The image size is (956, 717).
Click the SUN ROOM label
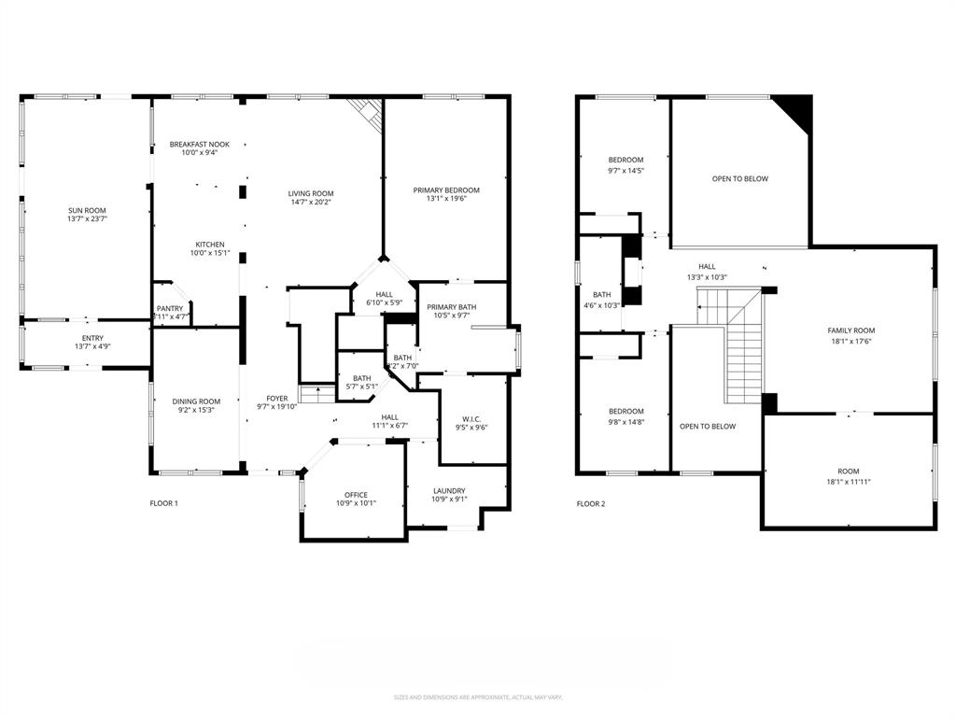tap(87, 210)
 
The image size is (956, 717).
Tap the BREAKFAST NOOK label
tap(199, 145)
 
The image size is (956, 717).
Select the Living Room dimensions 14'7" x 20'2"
tap(311, 202)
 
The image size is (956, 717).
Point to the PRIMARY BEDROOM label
tap(446, 190)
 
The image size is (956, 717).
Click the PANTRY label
tap(170, 308)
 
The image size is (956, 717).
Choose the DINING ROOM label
tap(196, 401)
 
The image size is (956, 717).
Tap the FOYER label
tap(276, 398)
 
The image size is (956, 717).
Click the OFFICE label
tap(355, 495)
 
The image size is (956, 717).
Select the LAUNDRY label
tap(449, 491)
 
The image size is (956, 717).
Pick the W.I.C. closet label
tap(471, 418)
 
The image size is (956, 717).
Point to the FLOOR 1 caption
tap(163, 503)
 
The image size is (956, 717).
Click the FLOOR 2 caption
tap(590, 504)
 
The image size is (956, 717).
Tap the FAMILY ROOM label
tap(851, 330)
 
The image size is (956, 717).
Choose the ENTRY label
tap(92, 338)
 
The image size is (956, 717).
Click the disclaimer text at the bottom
tap(477, 696)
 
